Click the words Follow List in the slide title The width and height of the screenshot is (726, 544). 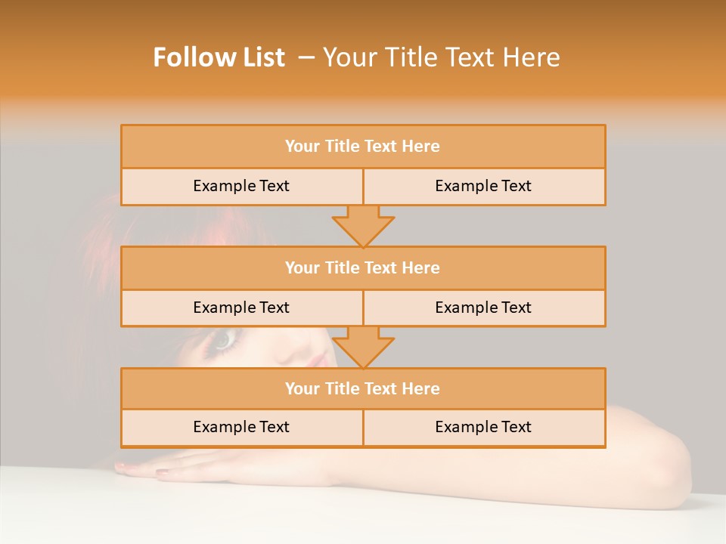coord(219,57)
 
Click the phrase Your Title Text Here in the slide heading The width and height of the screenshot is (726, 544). coord(442,57)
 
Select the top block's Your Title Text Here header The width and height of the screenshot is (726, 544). coord(362,147)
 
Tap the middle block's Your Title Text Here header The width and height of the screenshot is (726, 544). coord(362,267)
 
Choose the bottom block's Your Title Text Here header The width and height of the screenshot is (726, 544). coord(362,388)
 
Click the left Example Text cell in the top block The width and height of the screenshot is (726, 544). coord(241,186)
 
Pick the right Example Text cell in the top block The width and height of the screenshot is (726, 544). coord(483,186)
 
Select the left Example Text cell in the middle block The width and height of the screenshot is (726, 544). coord(241,308)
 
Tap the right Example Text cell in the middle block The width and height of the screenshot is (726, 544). coord(483,308)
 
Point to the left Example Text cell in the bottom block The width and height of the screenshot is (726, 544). coord(241,427)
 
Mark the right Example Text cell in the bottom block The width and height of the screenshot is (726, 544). coord(483,427)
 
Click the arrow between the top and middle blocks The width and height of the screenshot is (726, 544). coord(363,225)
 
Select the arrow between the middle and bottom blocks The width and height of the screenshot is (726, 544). coord(363,347)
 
